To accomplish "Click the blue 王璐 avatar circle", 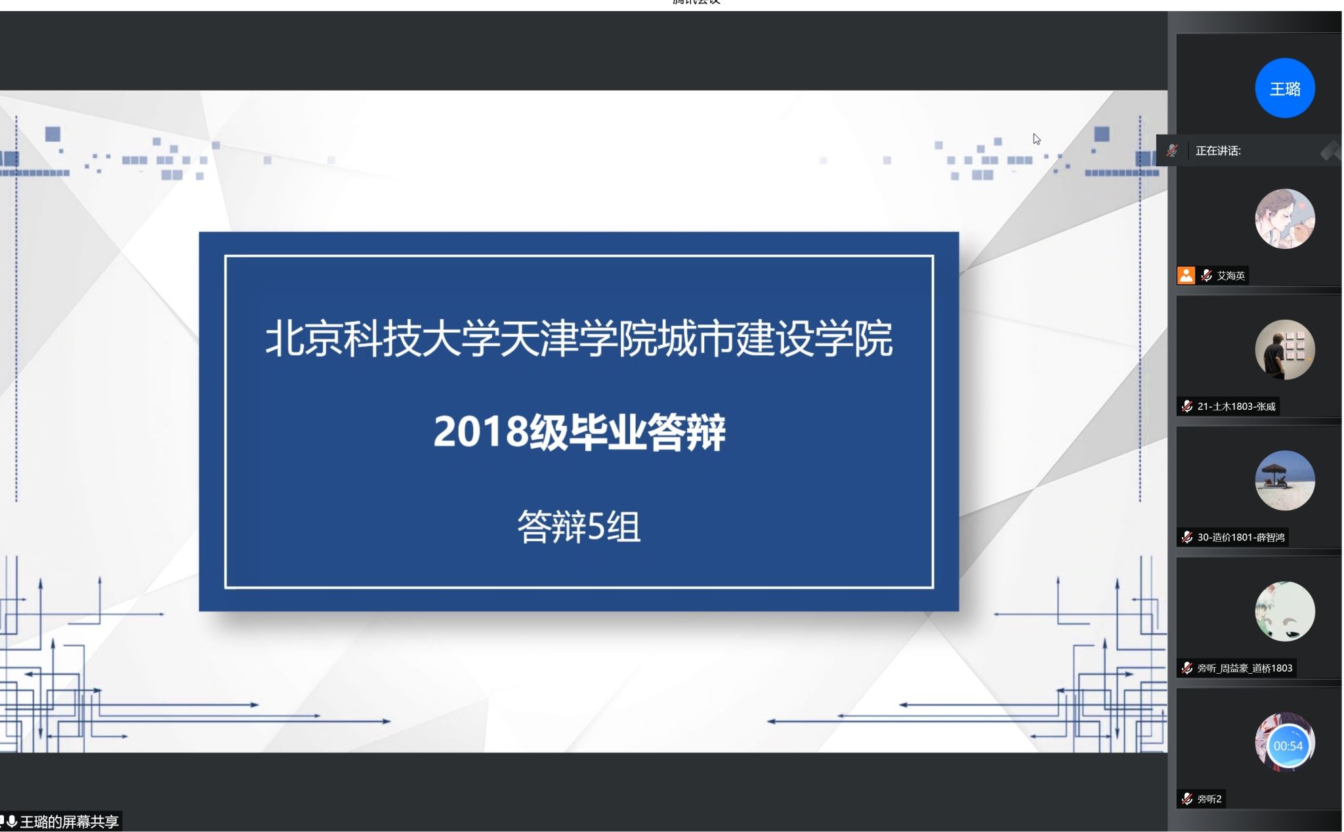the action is click(x=1284, y=88).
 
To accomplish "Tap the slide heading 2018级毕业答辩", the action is click(x=579, y=431).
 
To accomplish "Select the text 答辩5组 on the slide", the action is click(x=579, y=527).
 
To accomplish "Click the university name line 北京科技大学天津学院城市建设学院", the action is click(x=579, y=339).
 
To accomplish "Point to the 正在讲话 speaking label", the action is click(x=1218, y=150).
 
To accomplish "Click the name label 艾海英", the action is click(x=1230, y=275).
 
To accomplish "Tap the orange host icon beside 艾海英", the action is click(x=1186, y=275).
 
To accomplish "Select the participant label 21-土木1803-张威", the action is click(x=1236, y=406).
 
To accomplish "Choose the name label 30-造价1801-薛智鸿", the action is click(x=1241, y=537).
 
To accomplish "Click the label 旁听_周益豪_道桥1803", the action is click(x=1245, y=668).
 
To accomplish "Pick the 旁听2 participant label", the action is click(x=1209, y=799).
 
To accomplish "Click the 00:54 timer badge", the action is click(x=1288, y=746).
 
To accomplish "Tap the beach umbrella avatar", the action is click(x=1284, y=480).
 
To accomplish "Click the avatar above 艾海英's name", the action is click(x=1284, y=219).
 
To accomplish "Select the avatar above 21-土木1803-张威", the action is click(x=1284, y=349).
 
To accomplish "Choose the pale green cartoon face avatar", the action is click(x=1284, y=611).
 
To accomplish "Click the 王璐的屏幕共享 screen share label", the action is click(x=70, y=821).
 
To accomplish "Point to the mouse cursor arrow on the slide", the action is click(x=1036, y=139).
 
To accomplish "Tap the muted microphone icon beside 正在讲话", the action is click(x=1172, y=150).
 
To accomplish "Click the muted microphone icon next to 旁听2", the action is click(x=1186, y=799).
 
